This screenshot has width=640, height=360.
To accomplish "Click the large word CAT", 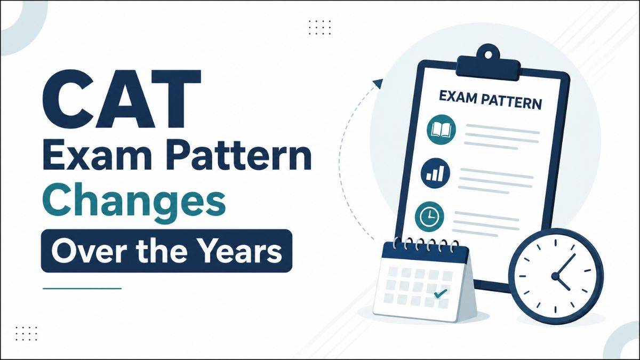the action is pos(122,99).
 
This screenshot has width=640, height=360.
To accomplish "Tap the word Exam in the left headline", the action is pos(97,156).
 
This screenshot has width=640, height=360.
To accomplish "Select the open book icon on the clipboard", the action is pos(441,130).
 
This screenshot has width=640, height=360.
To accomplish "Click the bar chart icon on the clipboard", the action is pos(435,173).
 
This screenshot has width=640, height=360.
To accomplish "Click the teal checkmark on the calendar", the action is pos(440,293).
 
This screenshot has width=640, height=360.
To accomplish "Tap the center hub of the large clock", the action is pos(555,276).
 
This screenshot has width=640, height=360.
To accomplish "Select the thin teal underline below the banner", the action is pos(82,289).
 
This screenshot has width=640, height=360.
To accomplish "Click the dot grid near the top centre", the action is pos(320,27).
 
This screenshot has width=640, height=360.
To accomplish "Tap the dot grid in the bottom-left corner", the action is pos(26,333).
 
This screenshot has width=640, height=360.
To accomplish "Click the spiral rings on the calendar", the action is pos(425,245).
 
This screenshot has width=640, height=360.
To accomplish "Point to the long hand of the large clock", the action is pos(565,265).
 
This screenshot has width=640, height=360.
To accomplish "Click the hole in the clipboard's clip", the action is pos(489,54).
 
